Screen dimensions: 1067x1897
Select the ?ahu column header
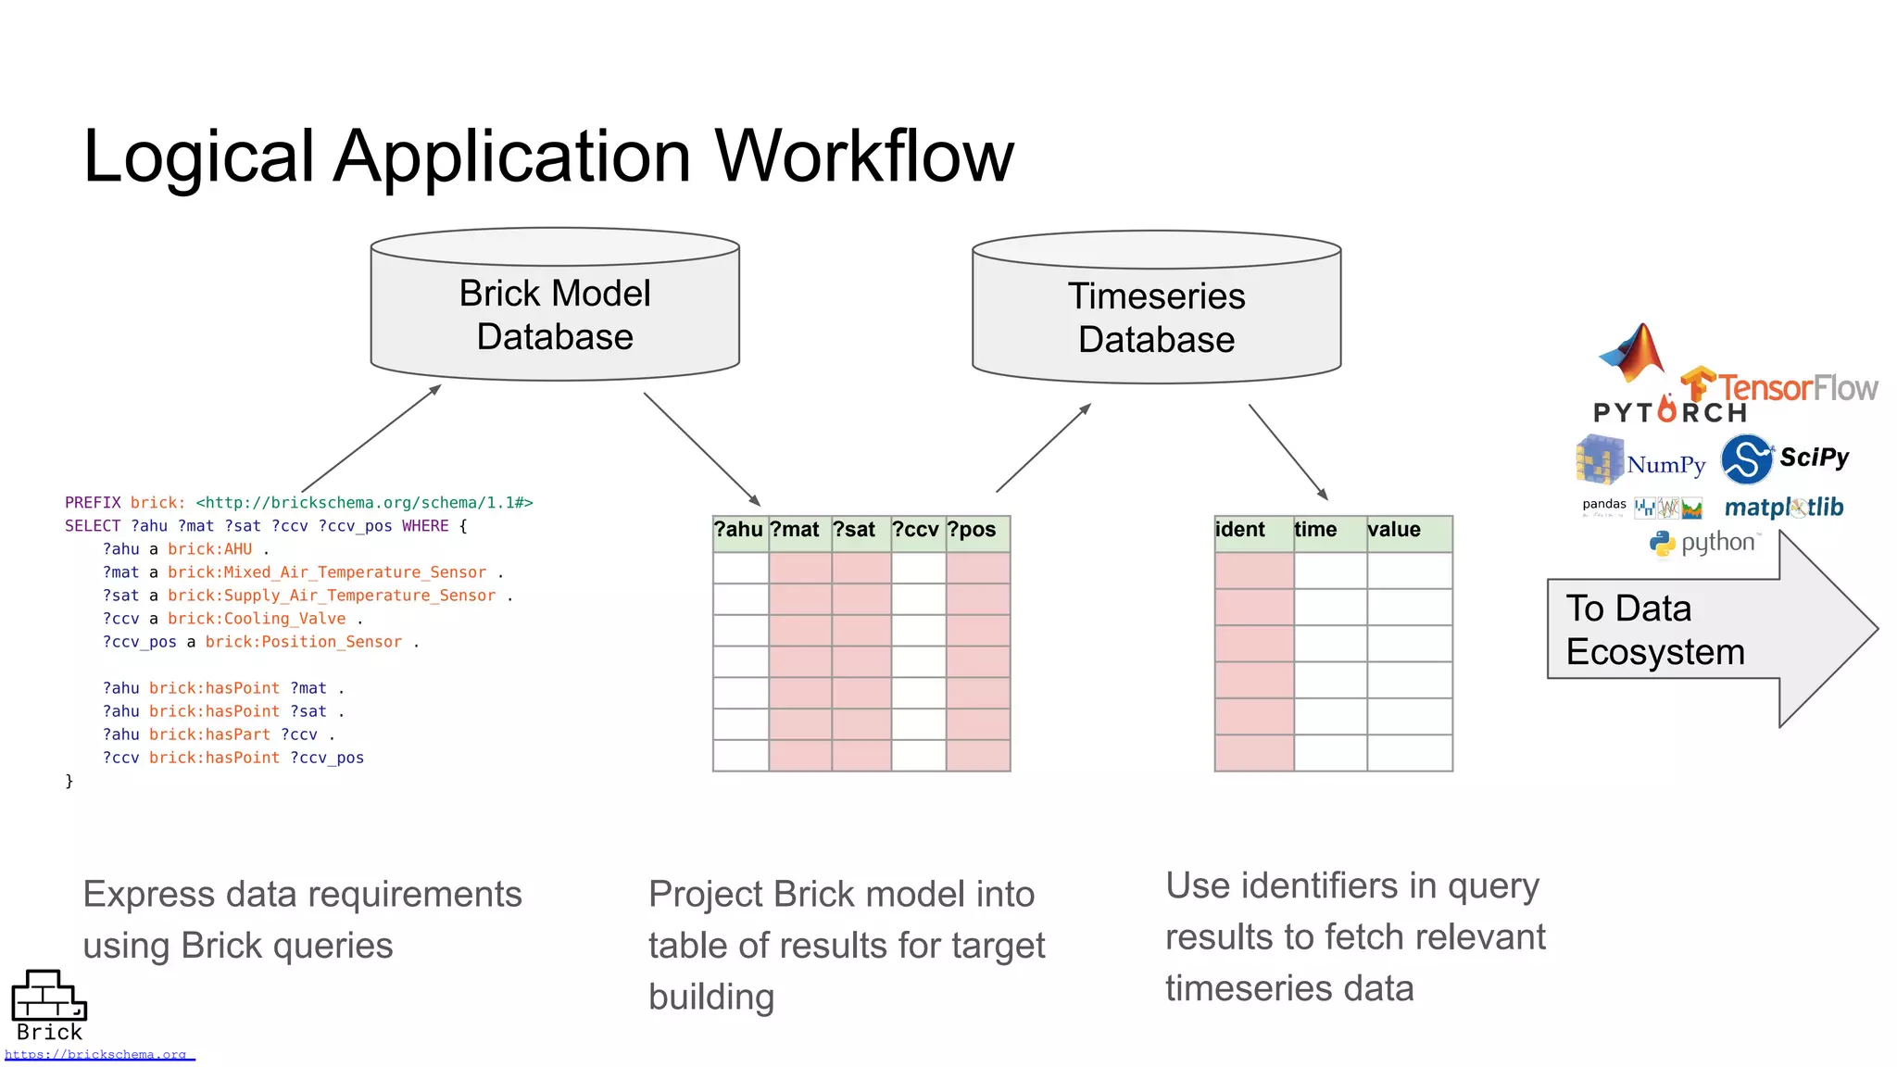[739, 530]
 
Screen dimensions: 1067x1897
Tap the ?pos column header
[973, 530]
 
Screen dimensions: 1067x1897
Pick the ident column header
[1241, 530]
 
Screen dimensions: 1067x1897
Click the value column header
[1394, 530]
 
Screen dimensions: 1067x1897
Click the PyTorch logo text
[1669, 412]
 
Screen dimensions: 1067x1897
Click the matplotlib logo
[1783, 508]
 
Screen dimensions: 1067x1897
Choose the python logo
[1704, 543]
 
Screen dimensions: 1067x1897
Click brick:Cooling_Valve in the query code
[257, 619]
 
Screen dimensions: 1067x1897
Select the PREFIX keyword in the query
[93, 503]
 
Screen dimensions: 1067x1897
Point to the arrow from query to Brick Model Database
[371, 438]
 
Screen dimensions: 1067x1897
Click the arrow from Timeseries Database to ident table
[1288, 452]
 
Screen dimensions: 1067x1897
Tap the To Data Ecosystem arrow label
[1654, 630]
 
